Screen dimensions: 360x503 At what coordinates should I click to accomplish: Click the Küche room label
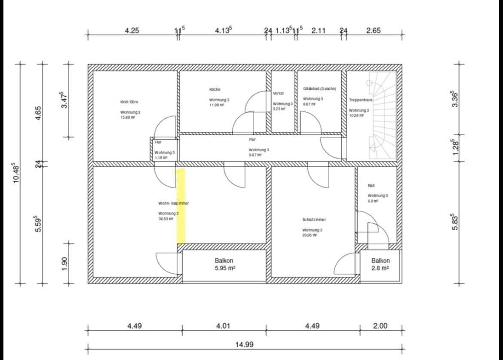point(215,89)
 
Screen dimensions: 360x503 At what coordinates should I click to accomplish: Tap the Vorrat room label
point(278,93)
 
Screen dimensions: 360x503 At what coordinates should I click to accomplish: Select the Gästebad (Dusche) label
point(319,88)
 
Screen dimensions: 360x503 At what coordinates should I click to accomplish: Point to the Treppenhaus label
point(360,100)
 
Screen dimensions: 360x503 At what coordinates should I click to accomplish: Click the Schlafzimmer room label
point(314,220)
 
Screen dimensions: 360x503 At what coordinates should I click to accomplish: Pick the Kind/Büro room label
point(129,102)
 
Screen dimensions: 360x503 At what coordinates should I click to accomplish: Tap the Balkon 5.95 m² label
point(224,260)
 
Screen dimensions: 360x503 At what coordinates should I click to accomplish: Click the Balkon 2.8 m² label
point(380,260)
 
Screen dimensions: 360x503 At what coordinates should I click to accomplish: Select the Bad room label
point(371,186)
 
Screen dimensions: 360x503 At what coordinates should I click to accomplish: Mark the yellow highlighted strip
point(181,205)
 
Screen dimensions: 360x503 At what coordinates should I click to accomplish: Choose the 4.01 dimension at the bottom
point(223,326)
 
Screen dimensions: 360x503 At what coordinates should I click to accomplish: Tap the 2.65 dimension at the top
point(373,31)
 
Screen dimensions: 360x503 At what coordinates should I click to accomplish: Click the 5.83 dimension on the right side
point(455,223)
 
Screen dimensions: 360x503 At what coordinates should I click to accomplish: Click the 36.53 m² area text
point(166,219)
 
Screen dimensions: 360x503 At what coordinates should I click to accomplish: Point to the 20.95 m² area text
point(310,235)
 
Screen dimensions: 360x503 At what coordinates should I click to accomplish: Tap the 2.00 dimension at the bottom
point(380,326)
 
